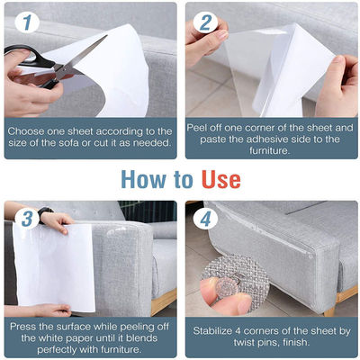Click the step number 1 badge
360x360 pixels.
[27, 22]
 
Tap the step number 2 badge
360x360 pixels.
[205, 22]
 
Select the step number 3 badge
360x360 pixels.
[27, 219]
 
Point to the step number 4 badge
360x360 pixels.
[205, 219]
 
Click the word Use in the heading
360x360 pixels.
[221, 180]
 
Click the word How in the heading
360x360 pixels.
[143, 180]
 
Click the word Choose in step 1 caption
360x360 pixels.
[26, 131]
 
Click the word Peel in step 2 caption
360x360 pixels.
[197, 128]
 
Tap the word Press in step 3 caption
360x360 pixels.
[22, 327]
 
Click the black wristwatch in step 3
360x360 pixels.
[45, 212]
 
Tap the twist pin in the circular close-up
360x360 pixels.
[228, 287]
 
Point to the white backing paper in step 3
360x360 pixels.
[53, 267]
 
